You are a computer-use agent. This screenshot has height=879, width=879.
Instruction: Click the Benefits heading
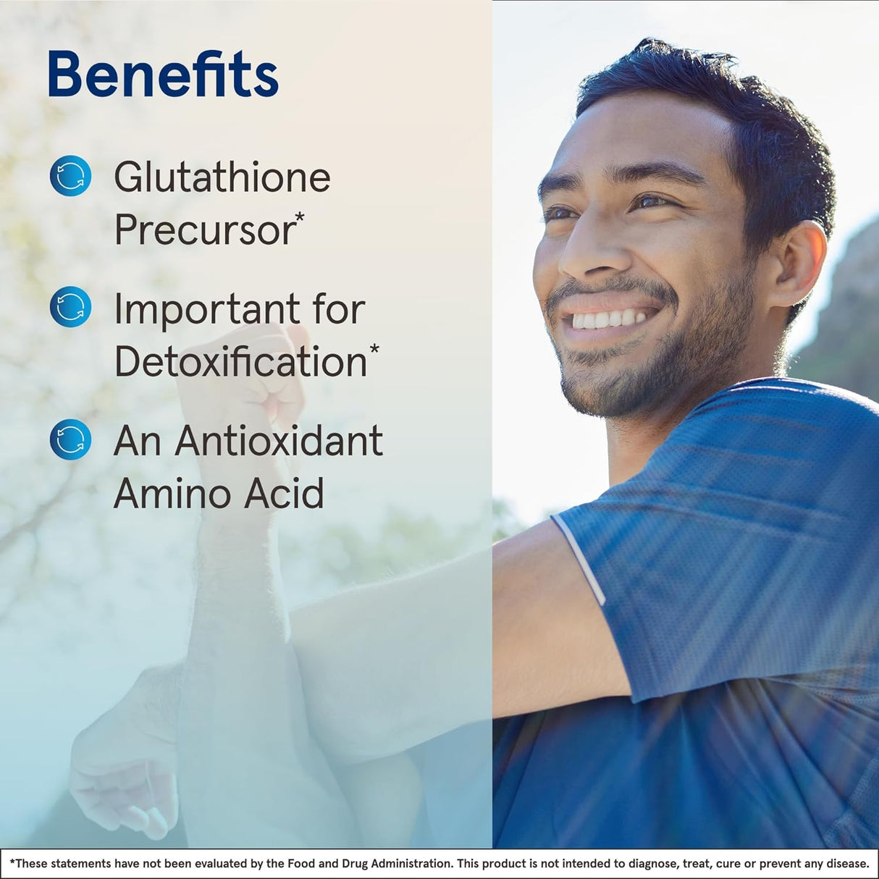coord(163,75)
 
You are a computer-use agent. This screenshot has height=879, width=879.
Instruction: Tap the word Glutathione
coord(222,177)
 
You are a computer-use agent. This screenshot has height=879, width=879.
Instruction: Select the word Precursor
coord(204,230)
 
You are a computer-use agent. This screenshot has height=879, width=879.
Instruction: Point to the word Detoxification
coord(240,361)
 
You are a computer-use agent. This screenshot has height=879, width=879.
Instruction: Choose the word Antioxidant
coord(279,441)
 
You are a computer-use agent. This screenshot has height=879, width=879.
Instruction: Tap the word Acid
coord(284,493)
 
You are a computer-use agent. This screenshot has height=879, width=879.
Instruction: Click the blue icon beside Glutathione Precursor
coord(70,176)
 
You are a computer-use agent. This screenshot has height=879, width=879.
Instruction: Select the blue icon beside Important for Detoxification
coord(70,307)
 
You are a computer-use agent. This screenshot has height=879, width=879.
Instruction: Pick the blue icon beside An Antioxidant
coord(70,440)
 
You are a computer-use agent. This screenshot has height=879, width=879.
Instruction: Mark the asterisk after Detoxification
coord(374,349)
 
